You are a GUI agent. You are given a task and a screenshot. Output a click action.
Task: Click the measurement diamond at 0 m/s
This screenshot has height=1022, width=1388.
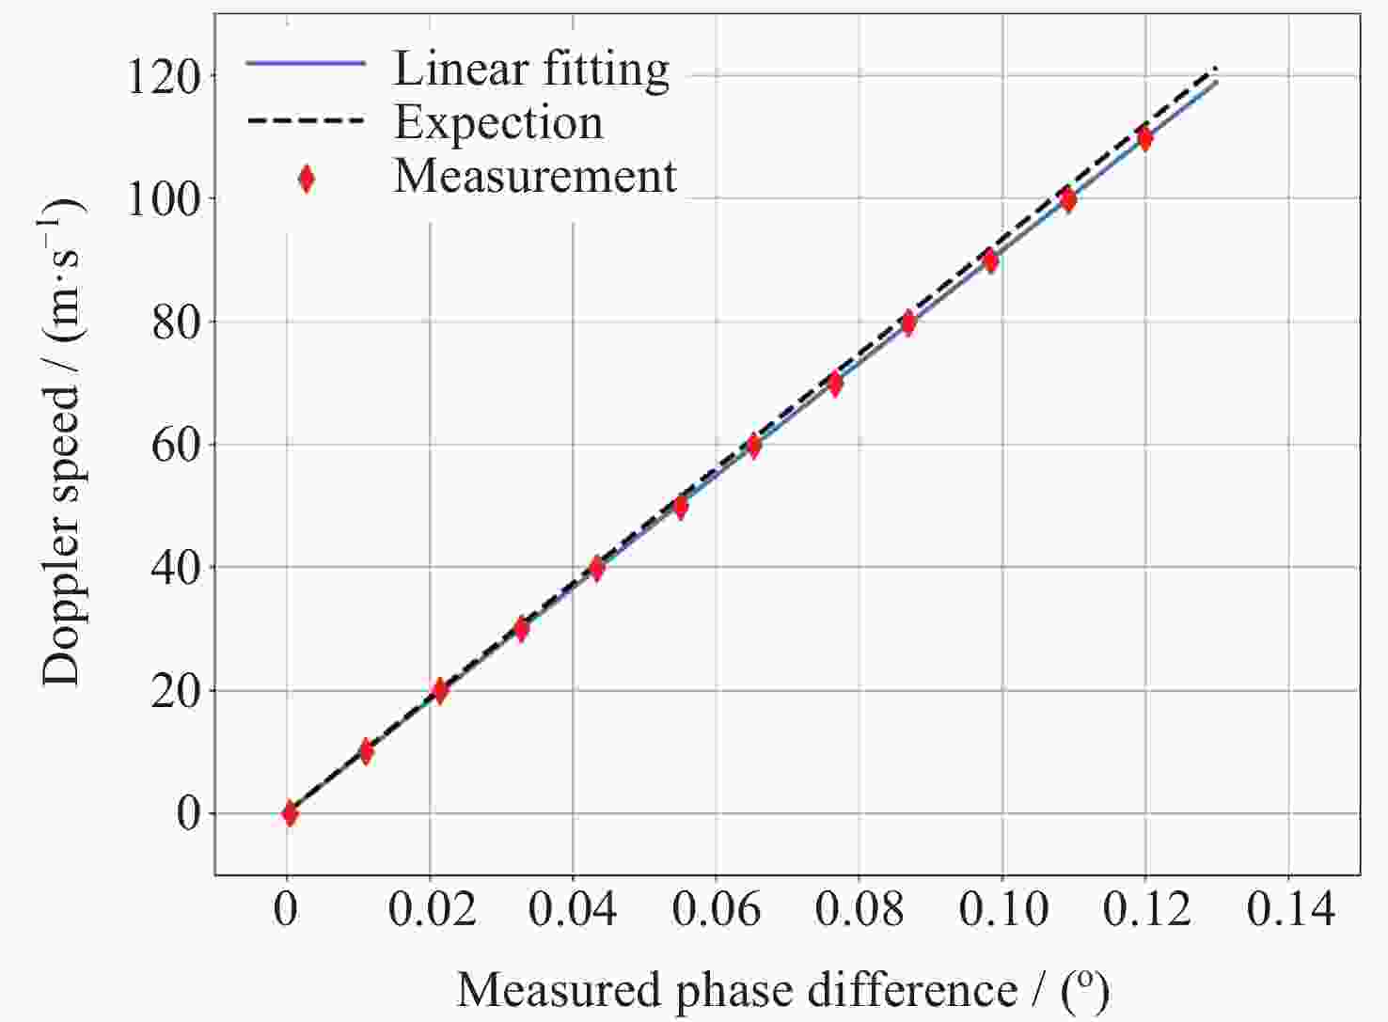click(290, 813)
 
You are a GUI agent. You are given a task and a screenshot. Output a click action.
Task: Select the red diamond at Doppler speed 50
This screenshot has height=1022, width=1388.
click(681, 507)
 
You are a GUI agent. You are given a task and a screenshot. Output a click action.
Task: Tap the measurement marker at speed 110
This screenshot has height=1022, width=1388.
click(1144, 138)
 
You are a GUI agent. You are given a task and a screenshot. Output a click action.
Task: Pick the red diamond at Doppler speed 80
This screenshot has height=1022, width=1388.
click(908, 322)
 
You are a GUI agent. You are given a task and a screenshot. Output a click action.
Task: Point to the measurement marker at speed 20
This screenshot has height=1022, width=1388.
click(439, 691)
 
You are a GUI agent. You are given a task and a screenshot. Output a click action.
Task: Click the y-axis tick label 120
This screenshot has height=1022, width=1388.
click(165, 77)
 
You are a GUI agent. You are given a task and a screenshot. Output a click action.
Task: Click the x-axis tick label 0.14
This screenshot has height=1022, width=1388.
click(1290, 910)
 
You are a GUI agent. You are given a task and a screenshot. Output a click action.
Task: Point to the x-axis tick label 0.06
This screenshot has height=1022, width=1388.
click(717, 910)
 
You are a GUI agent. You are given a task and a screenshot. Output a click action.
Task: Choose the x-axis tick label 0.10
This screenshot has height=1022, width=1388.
click(1003, 910)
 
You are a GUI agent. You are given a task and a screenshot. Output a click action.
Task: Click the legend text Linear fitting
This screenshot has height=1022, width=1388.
click(531, 69)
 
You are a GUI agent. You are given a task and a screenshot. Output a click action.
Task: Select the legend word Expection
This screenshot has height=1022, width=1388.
click(498, 123)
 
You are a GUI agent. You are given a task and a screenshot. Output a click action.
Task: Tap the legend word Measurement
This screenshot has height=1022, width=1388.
click(535, 177)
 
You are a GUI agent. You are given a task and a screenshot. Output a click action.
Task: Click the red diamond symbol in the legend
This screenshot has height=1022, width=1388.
click(306, 178)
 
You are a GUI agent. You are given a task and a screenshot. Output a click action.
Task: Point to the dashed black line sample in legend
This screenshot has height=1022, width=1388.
click(306, 121)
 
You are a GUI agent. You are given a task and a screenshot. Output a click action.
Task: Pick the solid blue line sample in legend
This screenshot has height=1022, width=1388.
click(306, 63)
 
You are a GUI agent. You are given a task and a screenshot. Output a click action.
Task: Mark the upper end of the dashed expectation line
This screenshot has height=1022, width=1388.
click(1217, 68)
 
